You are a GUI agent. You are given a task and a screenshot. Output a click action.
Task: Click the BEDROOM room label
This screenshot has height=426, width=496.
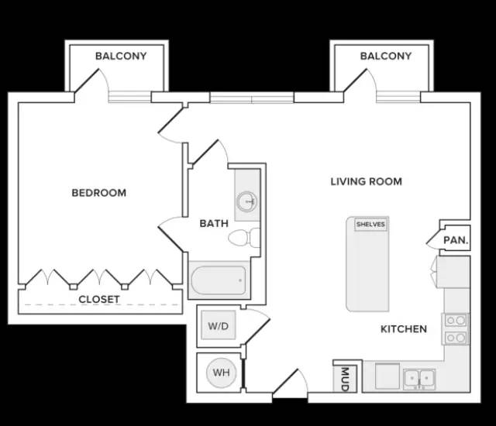point(99,193)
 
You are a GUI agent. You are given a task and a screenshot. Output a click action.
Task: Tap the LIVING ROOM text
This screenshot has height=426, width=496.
point(367,182)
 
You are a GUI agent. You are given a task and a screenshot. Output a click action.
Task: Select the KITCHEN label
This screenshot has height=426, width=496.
point(404,329)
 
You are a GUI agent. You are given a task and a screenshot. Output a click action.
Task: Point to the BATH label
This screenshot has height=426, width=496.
point(214,223)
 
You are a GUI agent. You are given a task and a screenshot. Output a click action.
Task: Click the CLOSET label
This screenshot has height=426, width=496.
point(99,299)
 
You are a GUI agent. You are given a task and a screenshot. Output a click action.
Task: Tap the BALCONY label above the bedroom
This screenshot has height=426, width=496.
point(121,56)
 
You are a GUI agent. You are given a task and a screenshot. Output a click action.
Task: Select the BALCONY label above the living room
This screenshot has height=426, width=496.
point(386,56)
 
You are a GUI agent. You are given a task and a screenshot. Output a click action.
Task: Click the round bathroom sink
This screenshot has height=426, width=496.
point(247,201)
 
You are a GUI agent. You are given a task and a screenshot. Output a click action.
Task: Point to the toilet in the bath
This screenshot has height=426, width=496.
point(244,238)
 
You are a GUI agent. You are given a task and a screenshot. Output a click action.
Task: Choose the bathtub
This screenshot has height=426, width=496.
point(219,280)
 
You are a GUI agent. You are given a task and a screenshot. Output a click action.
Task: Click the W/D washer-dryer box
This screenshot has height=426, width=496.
point(219,325)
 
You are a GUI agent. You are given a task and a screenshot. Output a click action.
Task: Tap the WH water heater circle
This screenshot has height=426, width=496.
point(221,373)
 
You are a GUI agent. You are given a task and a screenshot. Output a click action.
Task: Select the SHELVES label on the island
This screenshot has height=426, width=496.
point(370,225)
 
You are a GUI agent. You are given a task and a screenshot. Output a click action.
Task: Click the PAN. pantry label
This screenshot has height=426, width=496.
point(456,240)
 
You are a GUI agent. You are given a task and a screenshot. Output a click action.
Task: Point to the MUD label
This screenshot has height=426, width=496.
point(345,380)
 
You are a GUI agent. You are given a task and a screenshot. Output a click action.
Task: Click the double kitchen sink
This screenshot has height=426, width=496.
point(419,379)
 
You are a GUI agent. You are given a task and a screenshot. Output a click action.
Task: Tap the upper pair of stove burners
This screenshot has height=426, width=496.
point(456,321)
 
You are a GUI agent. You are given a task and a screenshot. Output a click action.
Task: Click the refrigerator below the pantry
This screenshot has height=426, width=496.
point(453,272)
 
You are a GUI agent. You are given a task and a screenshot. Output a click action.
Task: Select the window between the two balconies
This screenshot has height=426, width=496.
point(252,98)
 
